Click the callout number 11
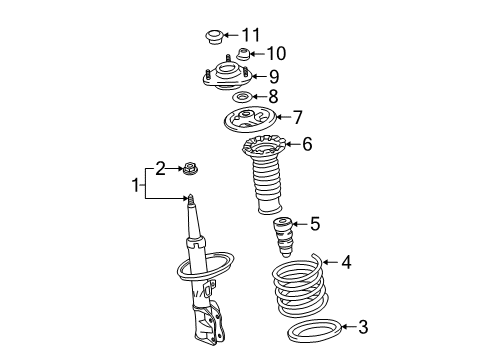tap(251, 35)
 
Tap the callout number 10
tap(276, 53)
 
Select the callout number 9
tap(274, 76)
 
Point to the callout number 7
tap(297, 117)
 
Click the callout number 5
tap(315, 223)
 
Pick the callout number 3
tap(363, 327)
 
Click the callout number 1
tap(135, 185)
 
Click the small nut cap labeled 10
tap(243, 55)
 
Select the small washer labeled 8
tap(242, 97)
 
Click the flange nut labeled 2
tap(189, 169)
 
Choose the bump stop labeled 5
tap(283, 237)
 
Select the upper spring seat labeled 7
tap(249, 119)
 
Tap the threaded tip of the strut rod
tap(190, 200)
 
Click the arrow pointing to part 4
tap(331, 262)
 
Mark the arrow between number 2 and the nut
tap(174, 169)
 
